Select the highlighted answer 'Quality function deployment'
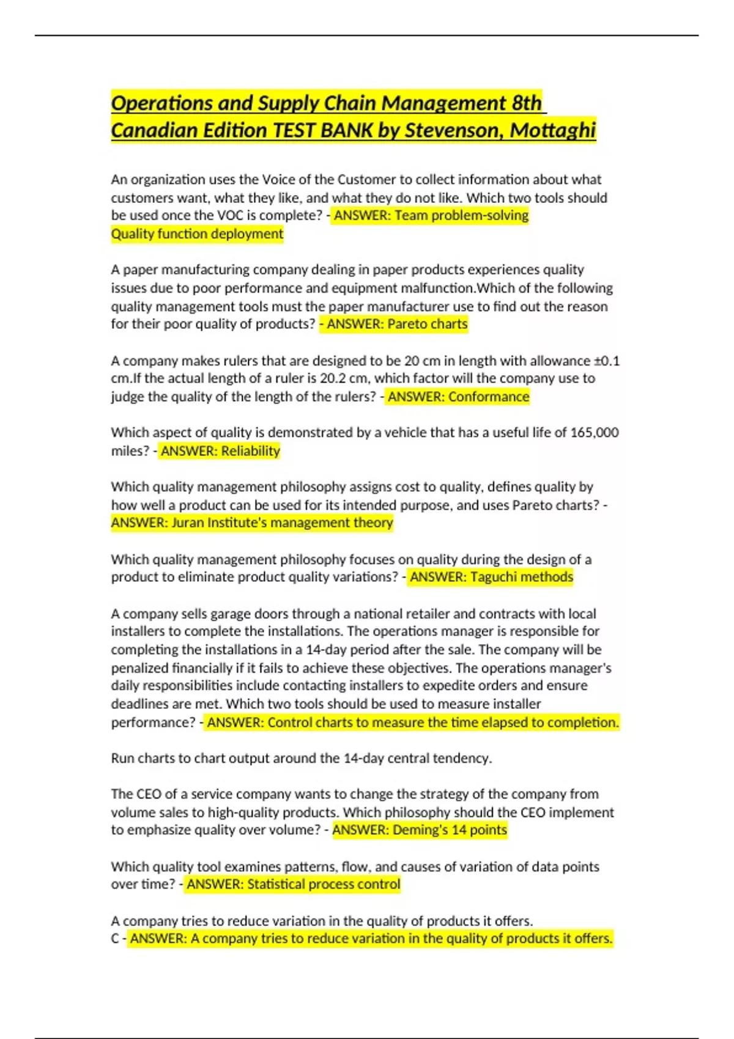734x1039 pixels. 197,233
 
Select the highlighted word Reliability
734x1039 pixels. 250,451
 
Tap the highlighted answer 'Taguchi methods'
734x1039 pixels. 521,577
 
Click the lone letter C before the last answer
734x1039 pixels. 115,939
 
